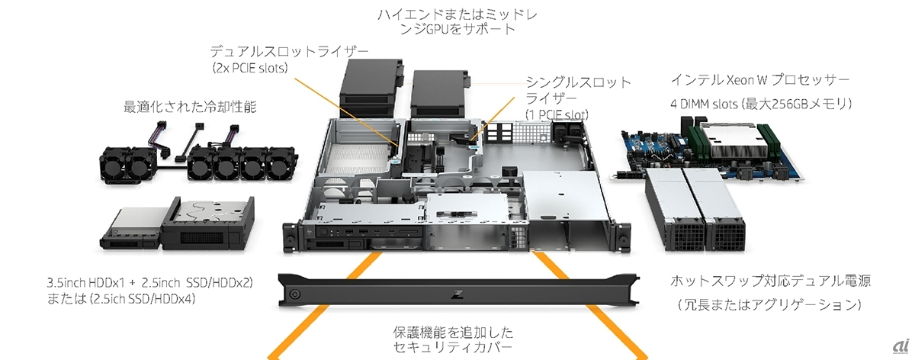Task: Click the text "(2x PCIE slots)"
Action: coord(250,68)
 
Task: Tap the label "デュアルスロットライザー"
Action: coord(289,52)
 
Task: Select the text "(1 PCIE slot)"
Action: coord(557,115)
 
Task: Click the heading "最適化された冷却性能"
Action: coord(190,107)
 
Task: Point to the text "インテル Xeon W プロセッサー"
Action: coord(759,79)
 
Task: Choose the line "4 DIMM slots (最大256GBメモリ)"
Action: coord(761,104)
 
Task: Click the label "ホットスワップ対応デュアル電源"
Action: coord(770,281)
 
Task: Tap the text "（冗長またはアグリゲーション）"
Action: coord(769,304)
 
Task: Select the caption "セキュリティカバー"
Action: coord(453,347)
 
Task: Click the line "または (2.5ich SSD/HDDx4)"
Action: coord(121,299)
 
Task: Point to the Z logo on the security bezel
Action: coord(455,294)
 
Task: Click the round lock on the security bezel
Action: coord(294,294)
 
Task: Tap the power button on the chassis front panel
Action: coord(324,232)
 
